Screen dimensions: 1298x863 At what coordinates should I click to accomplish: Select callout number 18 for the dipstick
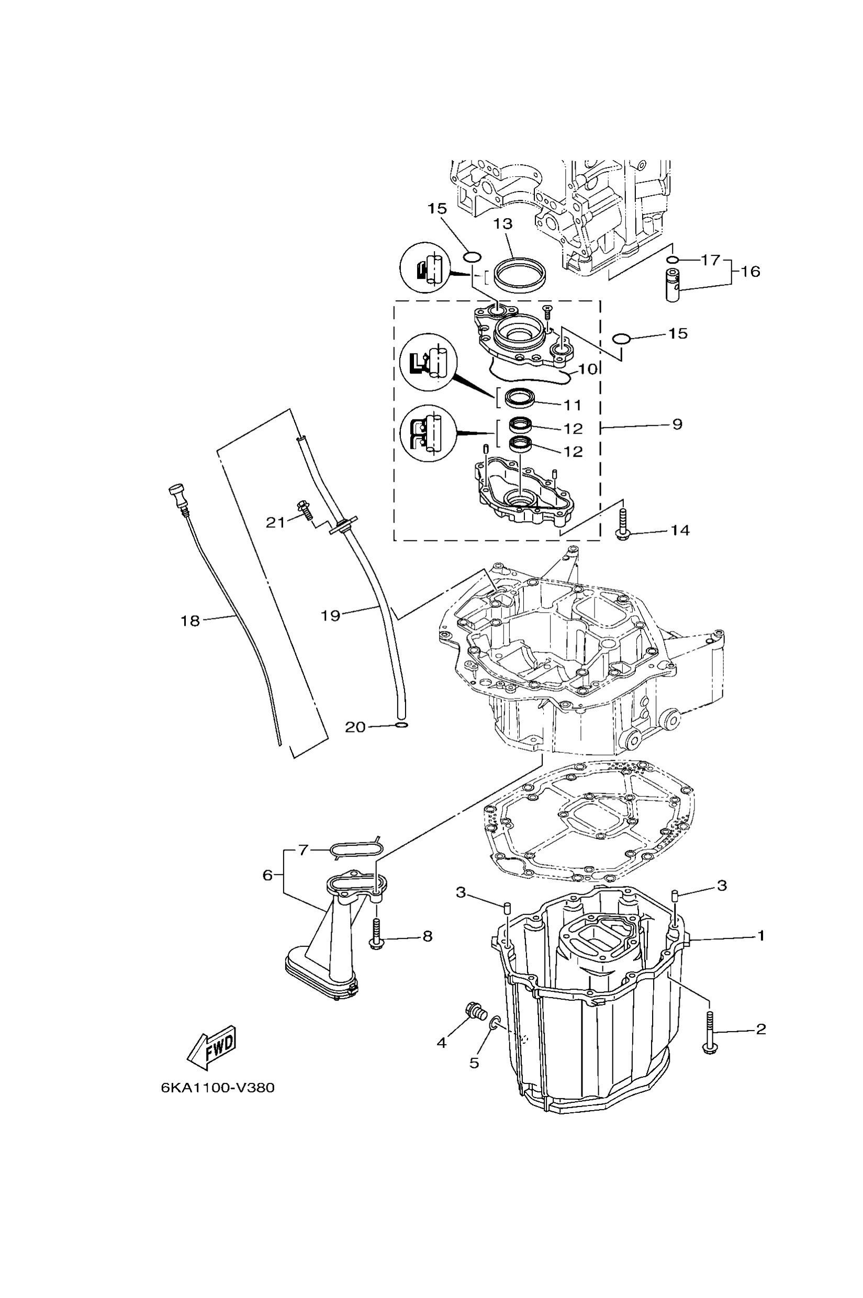coord(190,620)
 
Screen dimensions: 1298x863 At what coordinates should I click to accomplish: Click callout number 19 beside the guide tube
coord(331,615)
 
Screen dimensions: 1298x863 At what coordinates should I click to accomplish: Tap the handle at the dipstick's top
coord(177,489)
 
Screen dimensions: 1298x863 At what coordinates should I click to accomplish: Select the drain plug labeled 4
coord(473,1011)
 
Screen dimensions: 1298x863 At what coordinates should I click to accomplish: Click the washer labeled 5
coord(495,1023)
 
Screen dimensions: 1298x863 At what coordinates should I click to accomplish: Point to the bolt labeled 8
coord(376,935)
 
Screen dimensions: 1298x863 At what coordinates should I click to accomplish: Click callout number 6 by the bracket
coord(267,875)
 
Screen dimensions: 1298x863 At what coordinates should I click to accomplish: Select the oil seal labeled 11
coord(520,398)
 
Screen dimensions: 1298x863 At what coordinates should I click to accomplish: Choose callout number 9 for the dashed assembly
coord(677,424)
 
